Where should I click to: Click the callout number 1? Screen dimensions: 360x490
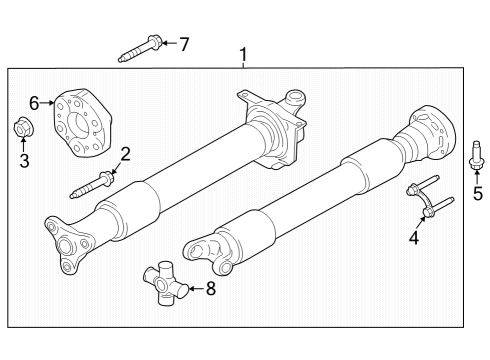[x=241, y=53]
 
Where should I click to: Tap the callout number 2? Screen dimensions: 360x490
[x=125, y=153]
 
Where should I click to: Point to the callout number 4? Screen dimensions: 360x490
[x=413, y=237]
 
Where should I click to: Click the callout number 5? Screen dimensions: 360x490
[x=477, y=193]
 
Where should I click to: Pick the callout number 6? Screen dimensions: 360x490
[x=34, y=101]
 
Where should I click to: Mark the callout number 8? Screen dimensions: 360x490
[x=210, y=290]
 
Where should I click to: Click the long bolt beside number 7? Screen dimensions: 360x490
[x=138, y=49]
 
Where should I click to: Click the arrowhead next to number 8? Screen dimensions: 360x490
[x=194, y=290]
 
